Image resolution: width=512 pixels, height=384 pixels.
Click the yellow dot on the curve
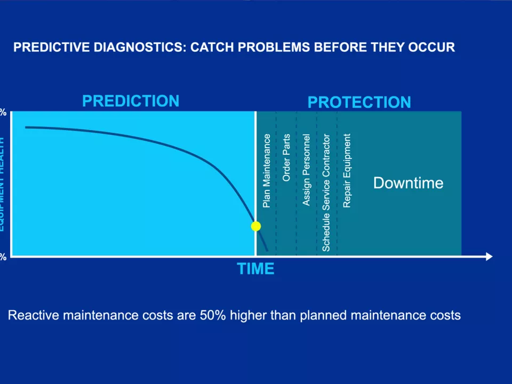tap(256, 226)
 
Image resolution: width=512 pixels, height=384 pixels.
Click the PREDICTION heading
tap(131, 101)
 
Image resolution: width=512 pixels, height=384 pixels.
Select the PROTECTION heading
tap(359, 102)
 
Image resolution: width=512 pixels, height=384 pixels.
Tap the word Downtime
tap(408, 183)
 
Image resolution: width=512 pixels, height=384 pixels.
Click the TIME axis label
tap(256, 269)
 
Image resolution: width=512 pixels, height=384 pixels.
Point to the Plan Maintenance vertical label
tap(267, 171)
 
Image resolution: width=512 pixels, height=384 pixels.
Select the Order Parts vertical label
tap(286, 157)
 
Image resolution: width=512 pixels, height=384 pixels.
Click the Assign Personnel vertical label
tap(306, 170)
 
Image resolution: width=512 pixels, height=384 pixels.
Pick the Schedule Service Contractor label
tap(326, 193)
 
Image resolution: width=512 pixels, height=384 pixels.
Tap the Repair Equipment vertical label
tap(347, 171)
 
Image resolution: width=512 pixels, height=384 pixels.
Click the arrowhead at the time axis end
tap(489, 257)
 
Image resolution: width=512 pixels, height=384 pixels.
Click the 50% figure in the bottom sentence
tap(213, 315)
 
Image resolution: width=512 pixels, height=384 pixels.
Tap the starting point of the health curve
tap(26, 127)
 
